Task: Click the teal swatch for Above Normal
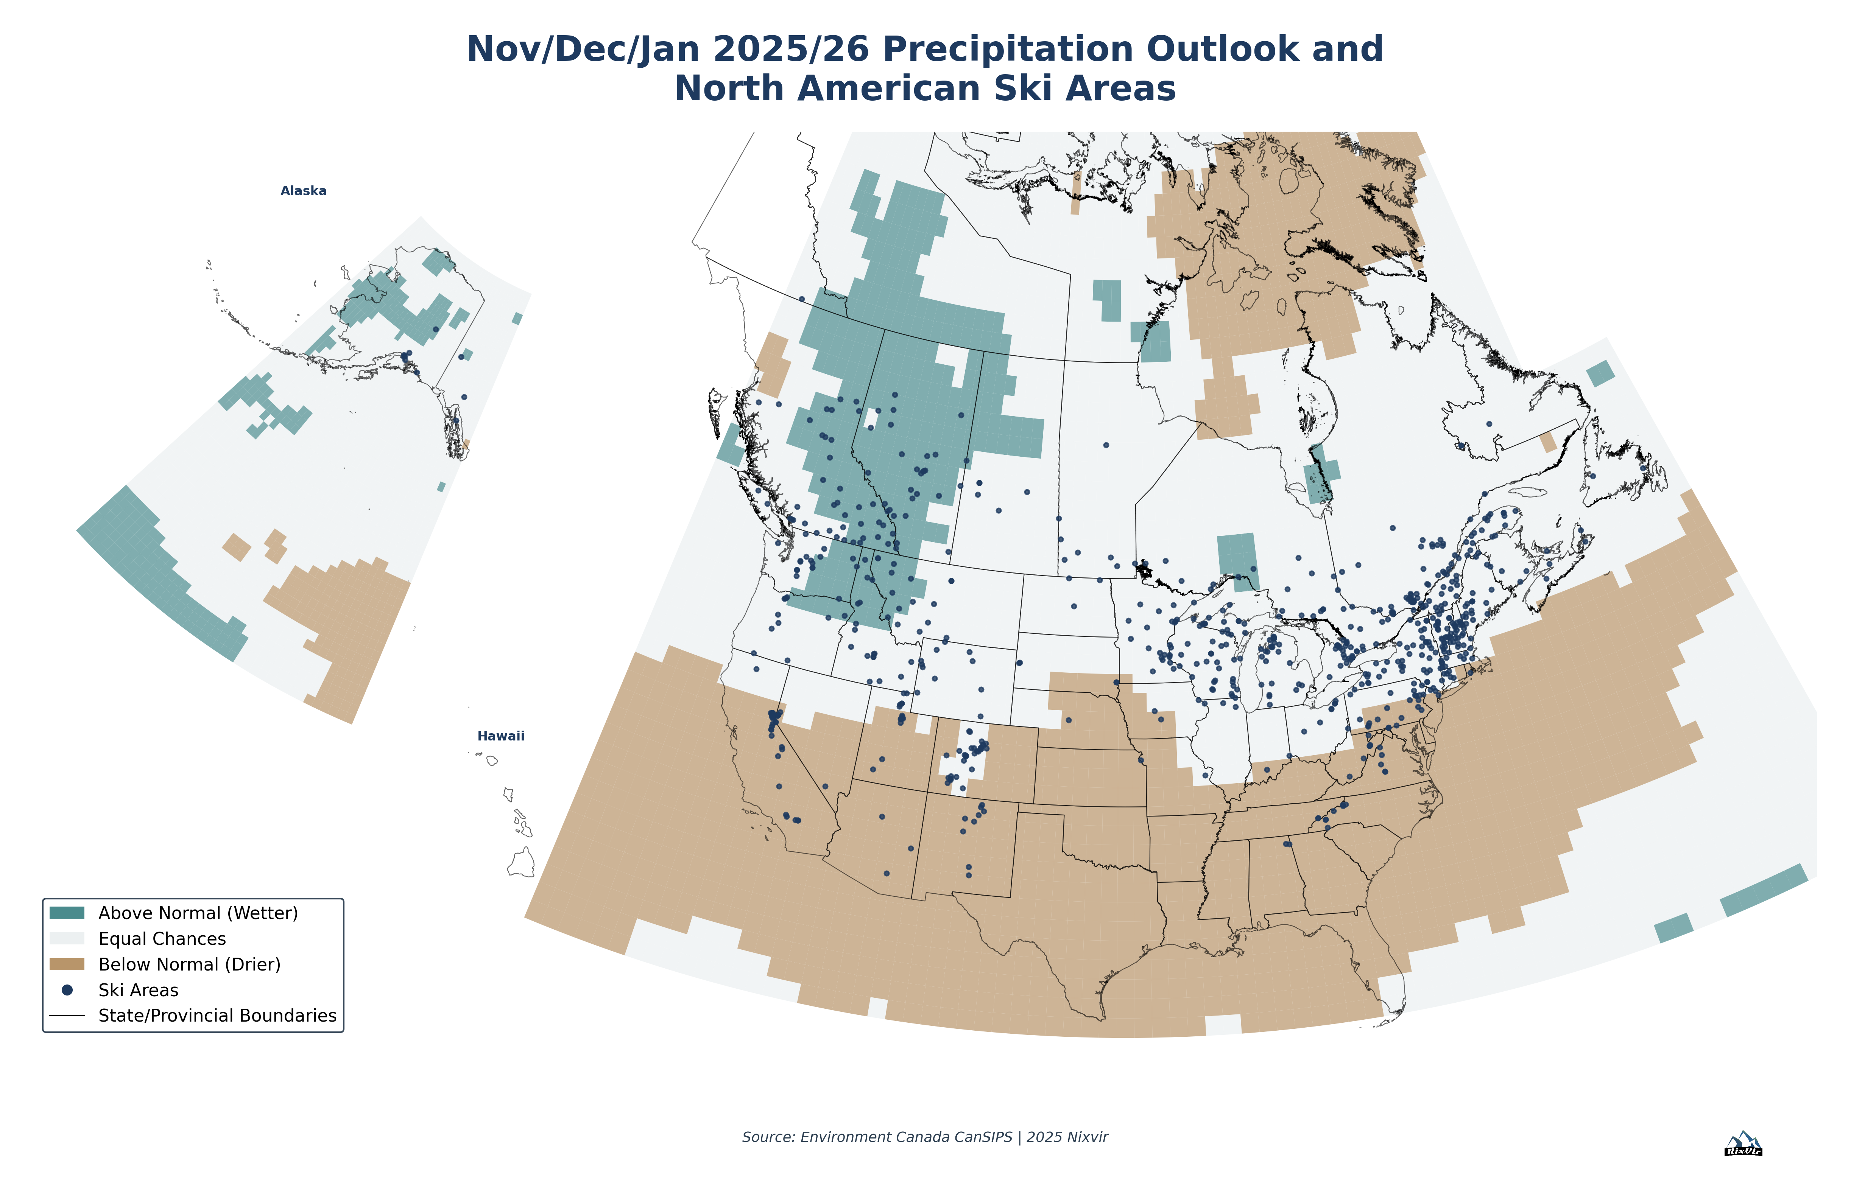(x=67, y=912)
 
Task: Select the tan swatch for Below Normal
(x=67, y=964)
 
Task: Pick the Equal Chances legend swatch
(x=67, y=938)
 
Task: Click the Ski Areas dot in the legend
(x=67, y=990)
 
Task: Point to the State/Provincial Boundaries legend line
(x=67, y=1015)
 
